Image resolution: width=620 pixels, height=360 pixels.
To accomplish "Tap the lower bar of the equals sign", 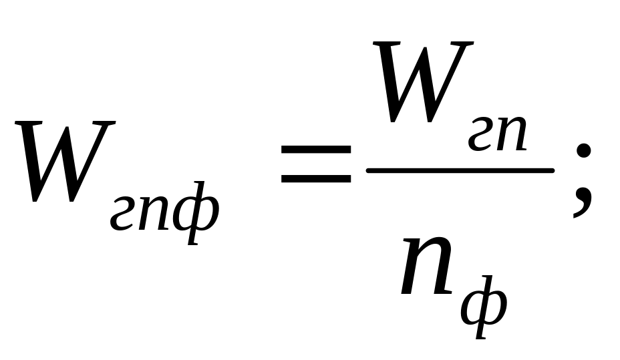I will click(316, 179).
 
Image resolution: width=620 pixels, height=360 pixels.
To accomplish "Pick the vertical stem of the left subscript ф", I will click(195, 215).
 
